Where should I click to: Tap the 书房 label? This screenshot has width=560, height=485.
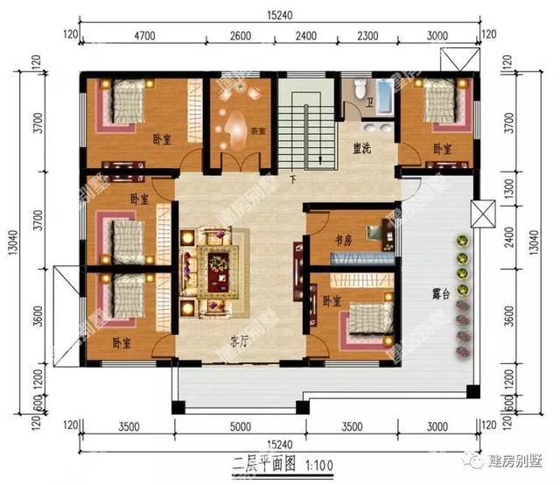344,239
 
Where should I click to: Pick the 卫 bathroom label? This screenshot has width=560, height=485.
371,102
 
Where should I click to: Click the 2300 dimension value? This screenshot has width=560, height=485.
367,36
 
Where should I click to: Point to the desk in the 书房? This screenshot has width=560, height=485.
379,235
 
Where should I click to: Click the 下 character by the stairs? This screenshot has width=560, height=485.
292,181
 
